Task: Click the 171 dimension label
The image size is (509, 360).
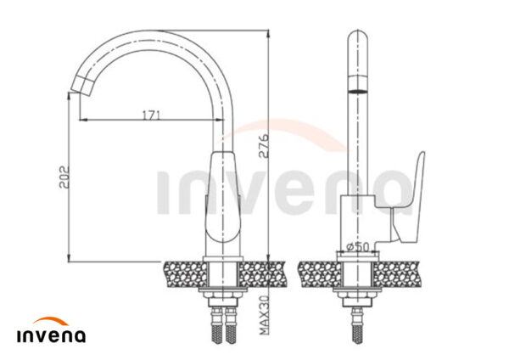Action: pyautogui.click(x=152, y=115)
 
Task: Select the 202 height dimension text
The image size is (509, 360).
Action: pyautogui.click(x=64, y=177)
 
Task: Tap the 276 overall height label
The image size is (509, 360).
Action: pyautogui.click(x=264, y=145)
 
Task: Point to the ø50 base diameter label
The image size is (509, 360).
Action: pyautogui.click(x=358, y=247)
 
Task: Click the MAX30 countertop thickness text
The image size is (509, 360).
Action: pyautogui.click(x=265, y=315)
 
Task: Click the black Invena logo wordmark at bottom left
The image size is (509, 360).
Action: pyautogui.click(x=51, y=335)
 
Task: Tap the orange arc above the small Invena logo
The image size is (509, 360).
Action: pyautogui.click(x=51, y=321)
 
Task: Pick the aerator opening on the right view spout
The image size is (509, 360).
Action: pyautogui.click(x=358, y=91)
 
